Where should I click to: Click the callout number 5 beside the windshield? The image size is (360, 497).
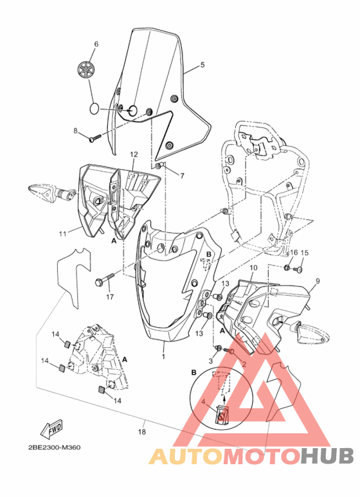click(202, 66)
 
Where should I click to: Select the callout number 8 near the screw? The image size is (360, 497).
click(75, 131)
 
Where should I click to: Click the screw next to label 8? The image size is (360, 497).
click(94, 136)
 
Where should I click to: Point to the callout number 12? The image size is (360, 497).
click(134, 154)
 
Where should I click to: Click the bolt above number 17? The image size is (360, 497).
click(105, 281)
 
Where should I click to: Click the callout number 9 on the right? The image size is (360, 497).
click(316, 282)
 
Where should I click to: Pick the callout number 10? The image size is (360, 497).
click(253, 267)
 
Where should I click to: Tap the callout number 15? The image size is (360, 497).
click(305, 253)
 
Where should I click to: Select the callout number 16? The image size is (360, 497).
click(293, 253)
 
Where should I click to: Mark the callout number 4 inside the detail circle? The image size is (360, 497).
click(204, 402)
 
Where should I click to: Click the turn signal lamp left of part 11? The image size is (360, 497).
click(44, 191)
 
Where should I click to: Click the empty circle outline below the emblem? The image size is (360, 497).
click(94, 108)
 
